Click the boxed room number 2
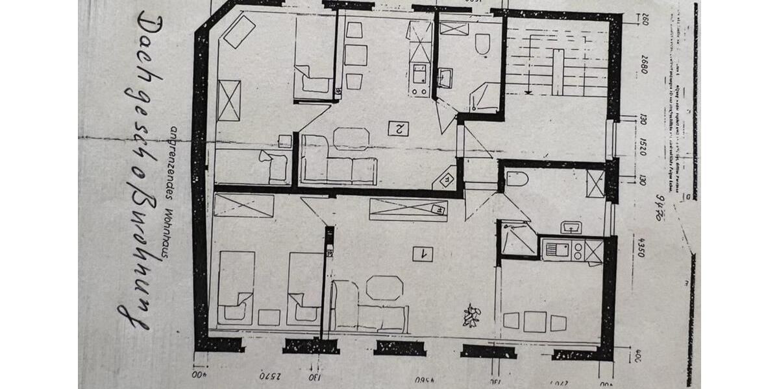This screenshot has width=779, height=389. (397, 128)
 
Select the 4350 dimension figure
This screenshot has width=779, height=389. (641, 244)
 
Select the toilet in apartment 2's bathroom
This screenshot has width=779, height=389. (482, 44)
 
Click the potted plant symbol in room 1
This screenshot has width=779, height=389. (471, 316)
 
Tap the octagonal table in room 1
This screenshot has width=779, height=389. (384, 288)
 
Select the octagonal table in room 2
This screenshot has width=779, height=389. (351, 138)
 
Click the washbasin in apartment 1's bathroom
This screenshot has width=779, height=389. (571, 228)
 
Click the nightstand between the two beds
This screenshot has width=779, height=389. (269, 317)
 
